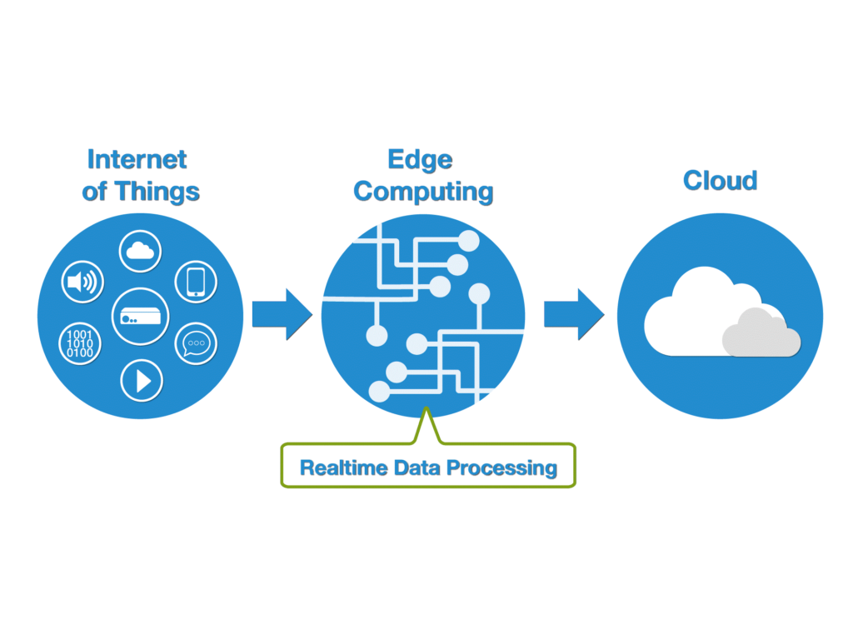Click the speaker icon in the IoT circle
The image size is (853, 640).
82,282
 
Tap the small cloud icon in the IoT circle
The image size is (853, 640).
140,250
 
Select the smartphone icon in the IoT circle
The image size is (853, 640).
196,282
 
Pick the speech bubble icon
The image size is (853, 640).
196,342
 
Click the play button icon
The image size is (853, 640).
142,381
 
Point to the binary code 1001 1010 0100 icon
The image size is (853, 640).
80,342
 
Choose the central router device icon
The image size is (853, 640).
140,316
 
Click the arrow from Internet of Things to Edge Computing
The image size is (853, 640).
282,315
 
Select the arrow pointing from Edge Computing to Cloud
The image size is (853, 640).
574,315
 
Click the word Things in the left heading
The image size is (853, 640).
157,191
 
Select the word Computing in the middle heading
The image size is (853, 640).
423,191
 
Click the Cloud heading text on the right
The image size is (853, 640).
720,180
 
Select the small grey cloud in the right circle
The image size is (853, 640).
760,335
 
